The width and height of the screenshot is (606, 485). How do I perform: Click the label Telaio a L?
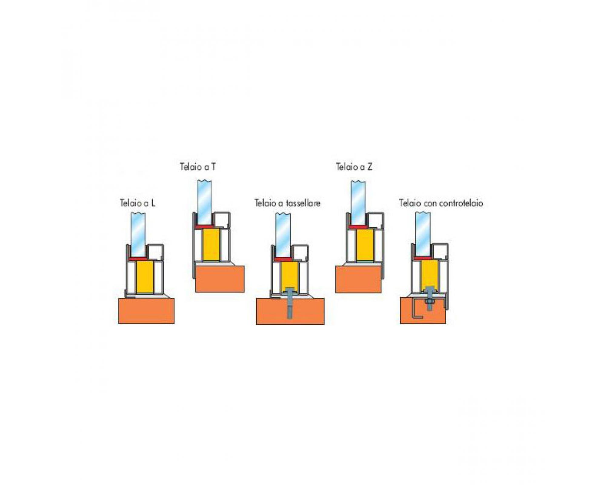138,203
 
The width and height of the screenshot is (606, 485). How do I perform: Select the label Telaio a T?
198,167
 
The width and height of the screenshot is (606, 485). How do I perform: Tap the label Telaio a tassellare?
287,203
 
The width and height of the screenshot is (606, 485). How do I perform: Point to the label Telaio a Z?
354,167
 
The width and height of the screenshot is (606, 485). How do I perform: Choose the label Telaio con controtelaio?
441,203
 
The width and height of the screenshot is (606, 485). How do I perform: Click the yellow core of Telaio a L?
145,277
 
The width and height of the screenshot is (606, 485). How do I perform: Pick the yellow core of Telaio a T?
211,245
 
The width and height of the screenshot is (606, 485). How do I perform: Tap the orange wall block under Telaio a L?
146,311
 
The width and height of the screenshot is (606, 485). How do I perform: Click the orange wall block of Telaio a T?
220,279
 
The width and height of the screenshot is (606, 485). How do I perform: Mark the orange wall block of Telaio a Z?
358,279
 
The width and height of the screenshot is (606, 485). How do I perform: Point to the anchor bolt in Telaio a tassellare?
290,303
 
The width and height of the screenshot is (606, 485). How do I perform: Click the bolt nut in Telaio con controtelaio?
429,302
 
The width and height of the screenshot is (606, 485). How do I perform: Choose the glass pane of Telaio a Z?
358,203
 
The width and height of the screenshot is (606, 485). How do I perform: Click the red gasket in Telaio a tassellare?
283,259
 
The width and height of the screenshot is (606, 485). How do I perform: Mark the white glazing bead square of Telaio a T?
221,220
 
